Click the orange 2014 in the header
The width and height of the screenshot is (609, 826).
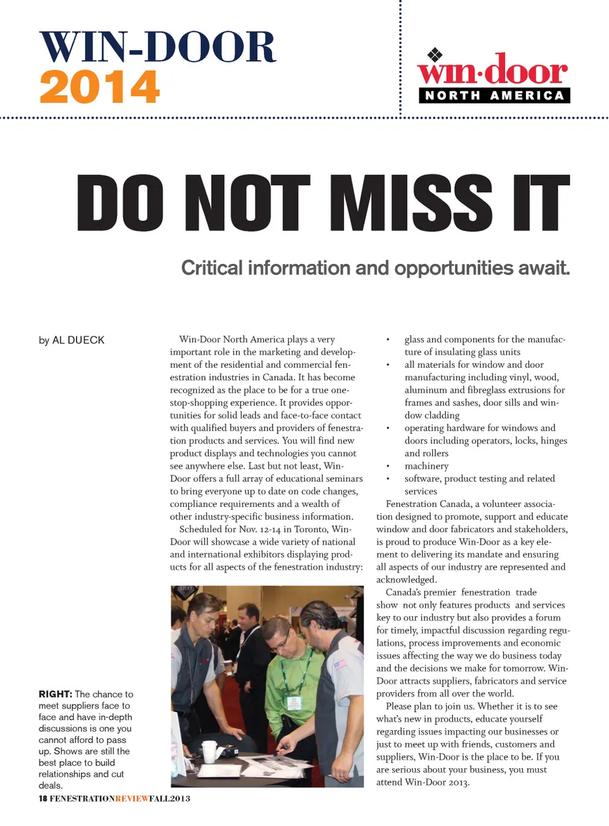point(100,87)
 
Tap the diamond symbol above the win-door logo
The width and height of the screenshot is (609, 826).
point(434,55)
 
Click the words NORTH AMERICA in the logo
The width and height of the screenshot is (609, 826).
point(494,96)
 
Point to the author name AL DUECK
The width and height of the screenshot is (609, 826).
point(78,340)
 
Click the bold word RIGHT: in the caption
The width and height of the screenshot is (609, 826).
point(55,694)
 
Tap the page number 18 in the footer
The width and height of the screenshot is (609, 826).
point(43,798)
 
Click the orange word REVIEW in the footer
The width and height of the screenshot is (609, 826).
point(132,798)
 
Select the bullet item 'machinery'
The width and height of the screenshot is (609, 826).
point(426,466)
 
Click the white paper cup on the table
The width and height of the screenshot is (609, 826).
point(209,750)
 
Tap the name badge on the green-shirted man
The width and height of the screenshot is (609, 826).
point(294,703)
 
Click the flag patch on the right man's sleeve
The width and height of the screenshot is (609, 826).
point(341,664)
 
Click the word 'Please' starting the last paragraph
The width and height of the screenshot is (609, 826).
point(398,706)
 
